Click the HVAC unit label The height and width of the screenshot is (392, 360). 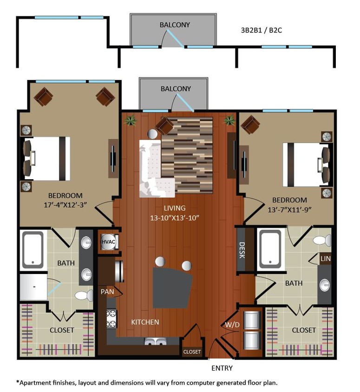click(x=108, y=242)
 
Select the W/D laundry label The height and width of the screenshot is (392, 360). click(x=232, y=324)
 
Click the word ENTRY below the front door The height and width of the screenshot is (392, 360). click(x=222, y=368)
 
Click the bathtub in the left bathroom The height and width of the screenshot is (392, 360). click(x=32, y=249)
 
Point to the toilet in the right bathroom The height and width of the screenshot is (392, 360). click(x=321, y=241)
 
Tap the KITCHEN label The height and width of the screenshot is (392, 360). click(x=145, y=322)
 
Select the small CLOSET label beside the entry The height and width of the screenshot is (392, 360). click(x=192, y=352)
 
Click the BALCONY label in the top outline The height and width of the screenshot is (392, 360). click(x=175, y=25)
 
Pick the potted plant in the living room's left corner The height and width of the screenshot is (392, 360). click(x=130, y=120)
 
